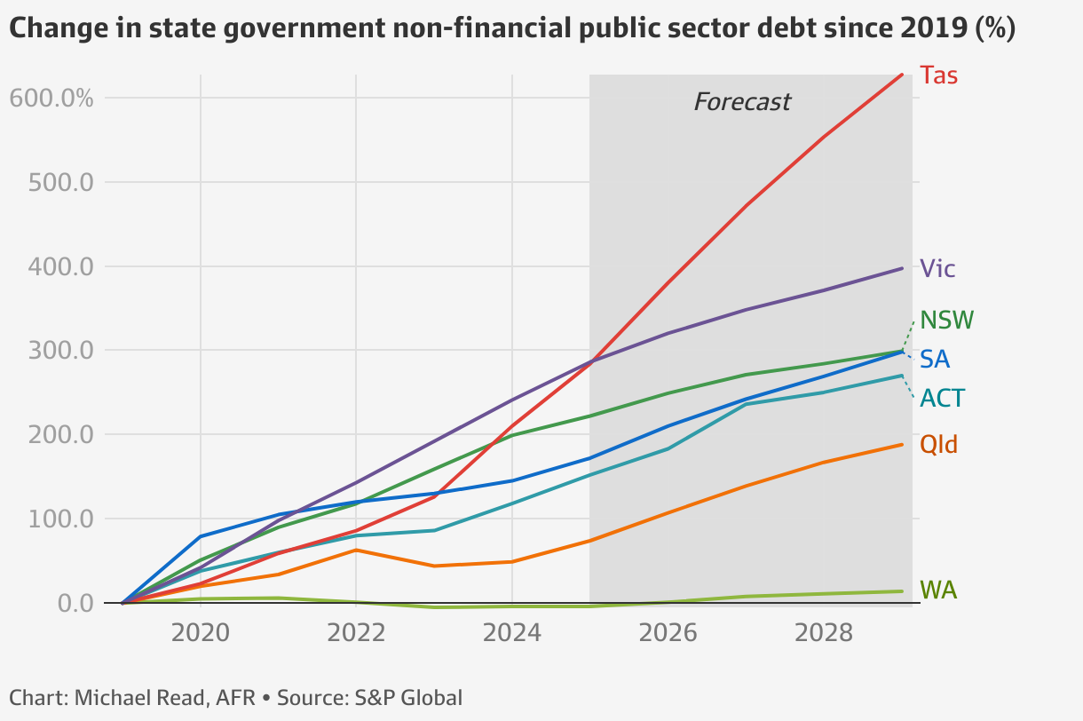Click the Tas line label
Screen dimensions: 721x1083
938,75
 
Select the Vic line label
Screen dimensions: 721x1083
937,268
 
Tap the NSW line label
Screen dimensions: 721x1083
947,320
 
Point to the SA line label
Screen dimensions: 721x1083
936,360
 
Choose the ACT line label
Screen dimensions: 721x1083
942,399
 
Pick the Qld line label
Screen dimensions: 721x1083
938,444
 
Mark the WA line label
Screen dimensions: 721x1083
938,590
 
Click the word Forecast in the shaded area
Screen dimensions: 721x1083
741,102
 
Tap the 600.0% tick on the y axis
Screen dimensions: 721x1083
51,98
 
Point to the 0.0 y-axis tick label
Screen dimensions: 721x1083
75,603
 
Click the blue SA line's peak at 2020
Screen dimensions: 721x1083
201,536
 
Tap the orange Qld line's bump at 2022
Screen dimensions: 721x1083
356,551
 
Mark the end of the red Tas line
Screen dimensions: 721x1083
902,75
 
